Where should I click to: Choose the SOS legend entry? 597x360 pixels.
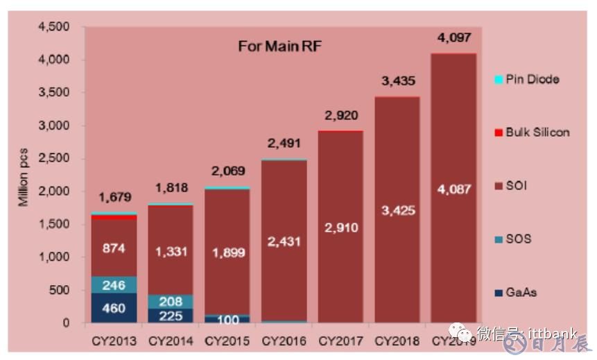(x=517, y=239)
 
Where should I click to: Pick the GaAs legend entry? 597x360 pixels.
(x=520, y=293)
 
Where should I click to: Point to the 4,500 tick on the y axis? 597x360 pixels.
(x=55, y=27)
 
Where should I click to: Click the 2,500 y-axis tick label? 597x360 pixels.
(x=55, y=159)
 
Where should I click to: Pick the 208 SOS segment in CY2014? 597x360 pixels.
(x=171, y=302)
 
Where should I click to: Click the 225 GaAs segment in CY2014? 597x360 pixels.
(x=171, y=316)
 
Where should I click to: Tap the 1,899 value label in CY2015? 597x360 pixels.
(x=227, y=252)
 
